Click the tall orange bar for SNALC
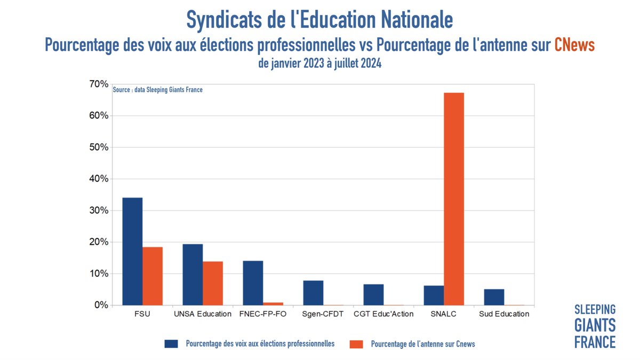(454, 199)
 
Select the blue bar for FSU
(132, 251)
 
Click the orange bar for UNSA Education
(213, 283)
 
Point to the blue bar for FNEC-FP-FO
(253, 283)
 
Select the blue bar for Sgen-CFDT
(313, 293)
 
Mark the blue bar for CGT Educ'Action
(373, 294)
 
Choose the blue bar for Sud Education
(494, 297)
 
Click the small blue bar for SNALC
(434, 295)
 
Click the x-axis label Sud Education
(504, 314)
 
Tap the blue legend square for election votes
(171, 344)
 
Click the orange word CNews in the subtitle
(574, 45)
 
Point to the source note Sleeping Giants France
(158, 90)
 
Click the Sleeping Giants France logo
(595, 325)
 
